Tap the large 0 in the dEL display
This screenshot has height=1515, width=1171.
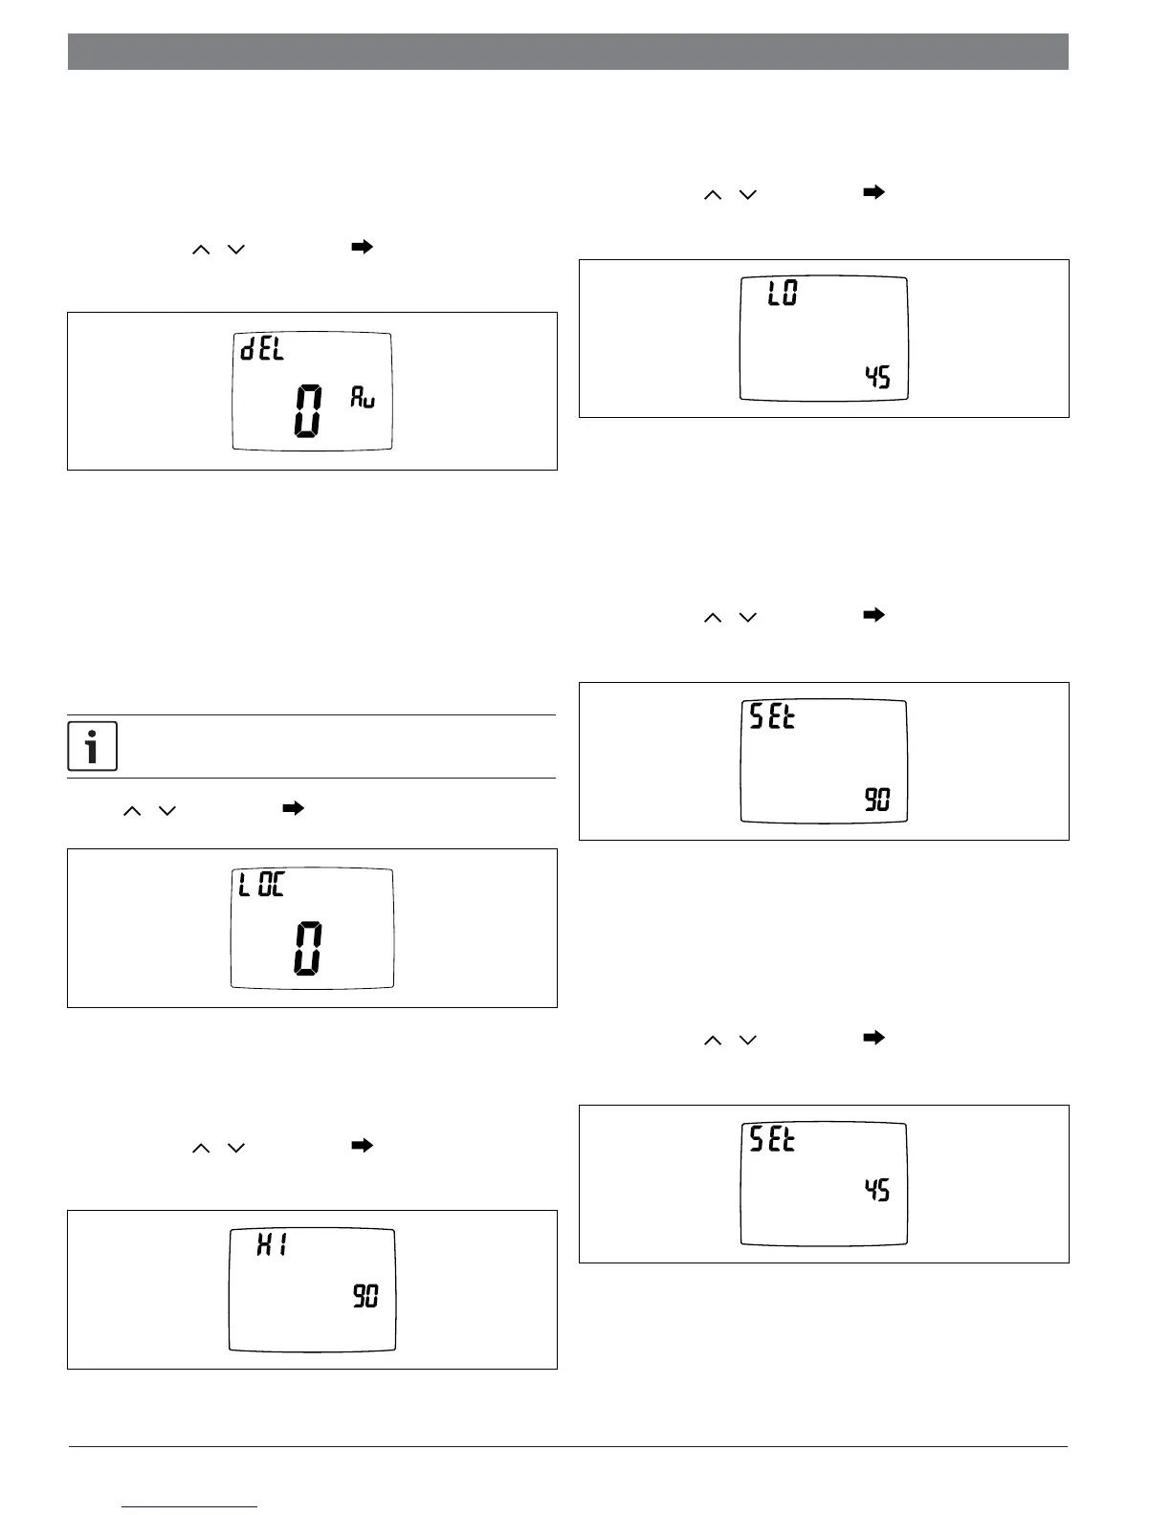coord(308,411)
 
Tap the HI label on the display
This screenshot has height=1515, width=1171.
coord(273,1244)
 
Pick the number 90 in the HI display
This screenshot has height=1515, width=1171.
coord(366,1297)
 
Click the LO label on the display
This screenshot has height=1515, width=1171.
coord(783,294)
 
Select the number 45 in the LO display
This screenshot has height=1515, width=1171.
coord(877,377)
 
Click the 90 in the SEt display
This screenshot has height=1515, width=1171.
coord(877,800)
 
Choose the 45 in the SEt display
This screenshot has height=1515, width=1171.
coord(877,1190)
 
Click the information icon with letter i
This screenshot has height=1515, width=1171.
coord(93,746)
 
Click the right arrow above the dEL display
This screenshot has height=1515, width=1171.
coord(362,248)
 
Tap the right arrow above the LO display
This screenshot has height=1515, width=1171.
coord(873,193)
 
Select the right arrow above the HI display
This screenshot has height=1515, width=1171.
coord(362,1146)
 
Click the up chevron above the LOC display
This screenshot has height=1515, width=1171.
coord(132,811)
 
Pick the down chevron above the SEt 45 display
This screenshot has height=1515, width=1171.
coord(747,1040)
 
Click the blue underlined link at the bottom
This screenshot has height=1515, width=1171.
coord(189,1506)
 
